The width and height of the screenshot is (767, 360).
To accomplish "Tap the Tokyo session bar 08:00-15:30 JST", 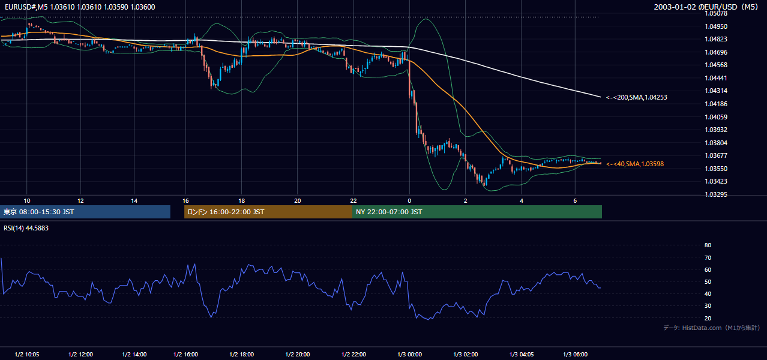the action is pos(85,212).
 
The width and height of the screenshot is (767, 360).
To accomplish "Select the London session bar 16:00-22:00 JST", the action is pos(268,212).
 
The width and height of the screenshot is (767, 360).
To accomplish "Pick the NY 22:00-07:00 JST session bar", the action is pos(477,212).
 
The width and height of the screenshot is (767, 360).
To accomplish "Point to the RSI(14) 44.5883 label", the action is pos(26,228).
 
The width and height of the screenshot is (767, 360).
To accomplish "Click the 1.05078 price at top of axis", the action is pos(716,14).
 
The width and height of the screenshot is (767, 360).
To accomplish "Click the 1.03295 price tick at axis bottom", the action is pos(716,194).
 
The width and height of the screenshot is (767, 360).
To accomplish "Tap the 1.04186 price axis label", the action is pos(716,104).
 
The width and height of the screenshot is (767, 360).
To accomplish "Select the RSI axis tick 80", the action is pos(708,245).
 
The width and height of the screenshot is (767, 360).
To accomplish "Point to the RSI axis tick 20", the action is pos(708,318).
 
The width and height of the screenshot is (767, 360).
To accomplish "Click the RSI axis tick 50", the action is pos(708,281).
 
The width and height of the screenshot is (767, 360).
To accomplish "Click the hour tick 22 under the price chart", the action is pos(353,201).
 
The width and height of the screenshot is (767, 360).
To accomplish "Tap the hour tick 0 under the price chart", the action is pos(409,201).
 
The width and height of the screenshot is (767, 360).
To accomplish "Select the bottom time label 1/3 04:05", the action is pos(522,355).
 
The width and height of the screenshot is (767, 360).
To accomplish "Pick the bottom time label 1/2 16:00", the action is pos(185,355).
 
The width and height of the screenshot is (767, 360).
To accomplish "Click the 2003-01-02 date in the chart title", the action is pos(674,7).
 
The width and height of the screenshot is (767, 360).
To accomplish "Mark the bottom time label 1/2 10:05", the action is pos(27,355).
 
